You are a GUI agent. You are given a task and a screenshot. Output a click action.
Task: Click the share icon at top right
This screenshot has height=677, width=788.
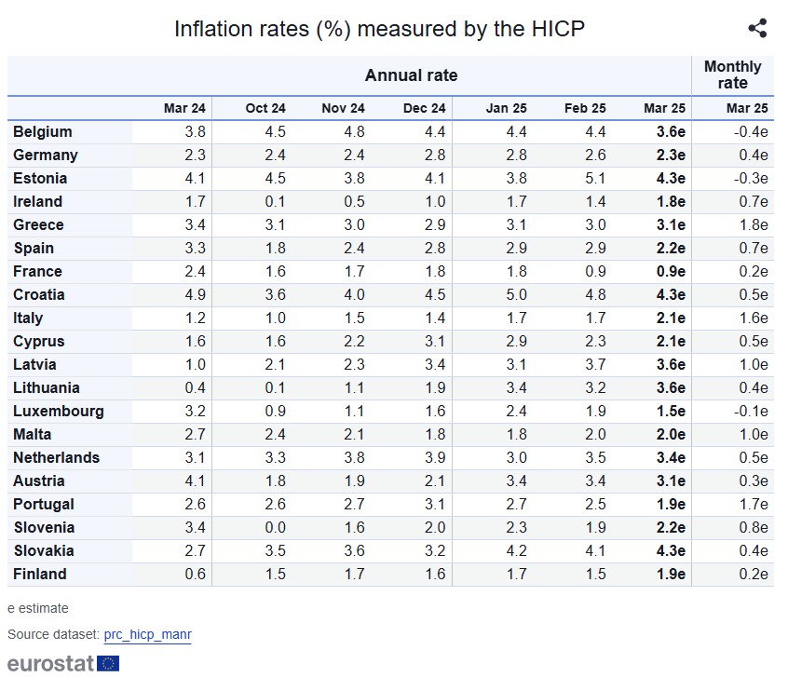pyautogui.click(x=757, y=28)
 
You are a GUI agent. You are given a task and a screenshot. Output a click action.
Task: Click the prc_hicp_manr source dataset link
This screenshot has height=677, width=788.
pyautogui.click(x=147, y=634)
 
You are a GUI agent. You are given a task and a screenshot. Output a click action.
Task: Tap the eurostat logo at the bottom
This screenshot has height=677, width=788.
pyautogui.click(x=63, y=663)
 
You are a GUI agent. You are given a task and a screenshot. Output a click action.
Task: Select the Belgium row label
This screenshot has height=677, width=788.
pyautogui.click(x=43, y=132)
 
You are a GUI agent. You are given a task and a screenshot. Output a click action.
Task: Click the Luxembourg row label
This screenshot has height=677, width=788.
pyautogui.click(x=59, y=412)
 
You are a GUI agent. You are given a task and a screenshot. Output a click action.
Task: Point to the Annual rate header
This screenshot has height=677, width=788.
pyautogui.click(x=411, y=75)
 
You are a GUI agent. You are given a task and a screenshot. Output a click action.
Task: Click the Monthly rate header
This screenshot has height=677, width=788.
pyautogui.click(x=732, y=75)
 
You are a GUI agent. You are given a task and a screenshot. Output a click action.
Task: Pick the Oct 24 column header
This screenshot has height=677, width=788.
pyautogui.click(x=265, y=109)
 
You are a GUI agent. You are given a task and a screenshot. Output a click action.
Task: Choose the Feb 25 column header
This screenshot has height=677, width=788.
pyautogui.click(x=585, y=109)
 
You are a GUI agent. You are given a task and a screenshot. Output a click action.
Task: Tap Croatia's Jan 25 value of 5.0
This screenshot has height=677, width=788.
pyautogui.click(x=516, y=295)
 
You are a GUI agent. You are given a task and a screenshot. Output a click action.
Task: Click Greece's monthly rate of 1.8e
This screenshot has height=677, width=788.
pyautogui.click(x=752, y=225)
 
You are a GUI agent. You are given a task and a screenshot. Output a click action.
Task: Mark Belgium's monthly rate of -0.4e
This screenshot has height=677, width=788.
pyautogui.click(x=749, y=132)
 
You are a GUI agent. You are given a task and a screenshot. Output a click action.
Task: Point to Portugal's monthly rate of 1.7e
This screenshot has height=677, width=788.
pyautogui.click(x=752, y=505)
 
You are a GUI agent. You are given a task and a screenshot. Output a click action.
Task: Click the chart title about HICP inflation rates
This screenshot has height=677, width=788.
pyautogui.click(x=379, y=29)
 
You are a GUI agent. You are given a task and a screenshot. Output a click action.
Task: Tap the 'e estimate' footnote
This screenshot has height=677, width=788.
pyautogui.click(x=38, y=608)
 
